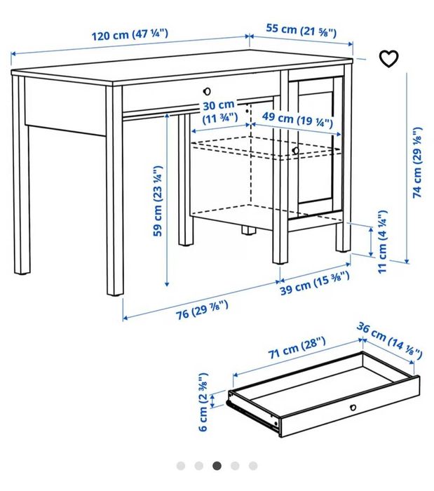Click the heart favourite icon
(x=388, y=58)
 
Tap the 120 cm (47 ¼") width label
(x=130, y=34)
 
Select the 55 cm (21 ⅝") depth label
(x=301, y=30)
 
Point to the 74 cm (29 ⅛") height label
(x=417, y=162)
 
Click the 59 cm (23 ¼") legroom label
(x=158, y=201)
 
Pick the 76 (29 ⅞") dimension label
(x=202, y=310)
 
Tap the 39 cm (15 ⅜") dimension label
(x=315, y=283)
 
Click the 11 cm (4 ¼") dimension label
(x=383, y=242)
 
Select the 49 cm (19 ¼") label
(x=297, y=119)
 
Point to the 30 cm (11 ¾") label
(x=219, y=112)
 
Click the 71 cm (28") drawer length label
(x=297, y=348)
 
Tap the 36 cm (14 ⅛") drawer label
(x=389, y=340)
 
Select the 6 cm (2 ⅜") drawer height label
(x=203, y=402)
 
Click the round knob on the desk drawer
(x=207, y=91)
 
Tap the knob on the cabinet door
(x=295, y=151)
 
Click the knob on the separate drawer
(x=353, y=408)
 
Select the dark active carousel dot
(x=217, y=466)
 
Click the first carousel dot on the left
(x=181, y=466)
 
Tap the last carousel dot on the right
(x=253, y=466)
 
